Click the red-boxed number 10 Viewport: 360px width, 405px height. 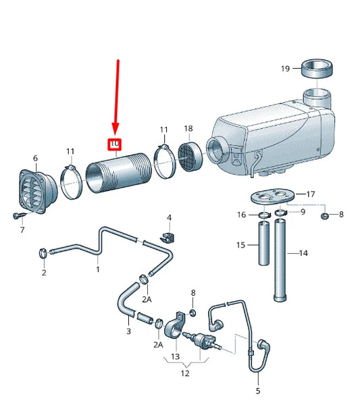pyautogui.click(x=115, y=144)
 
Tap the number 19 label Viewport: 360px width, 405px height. pyautogui.click(x=285, y=68)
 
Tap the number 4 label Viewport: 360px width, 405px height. pyautogui.click(x=169, y=217)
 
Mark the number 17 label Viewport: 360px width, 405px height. pyautogui.click(x=311, y=194)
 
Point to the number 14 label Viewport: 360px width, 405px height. pyautogui.click(x=303, y=253)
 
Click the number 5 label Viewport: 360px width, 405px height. pyautogui.click(x=258, y=390)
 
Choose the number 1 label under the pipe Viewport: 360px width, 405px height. pyautogui.click(x=97, y=269)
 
